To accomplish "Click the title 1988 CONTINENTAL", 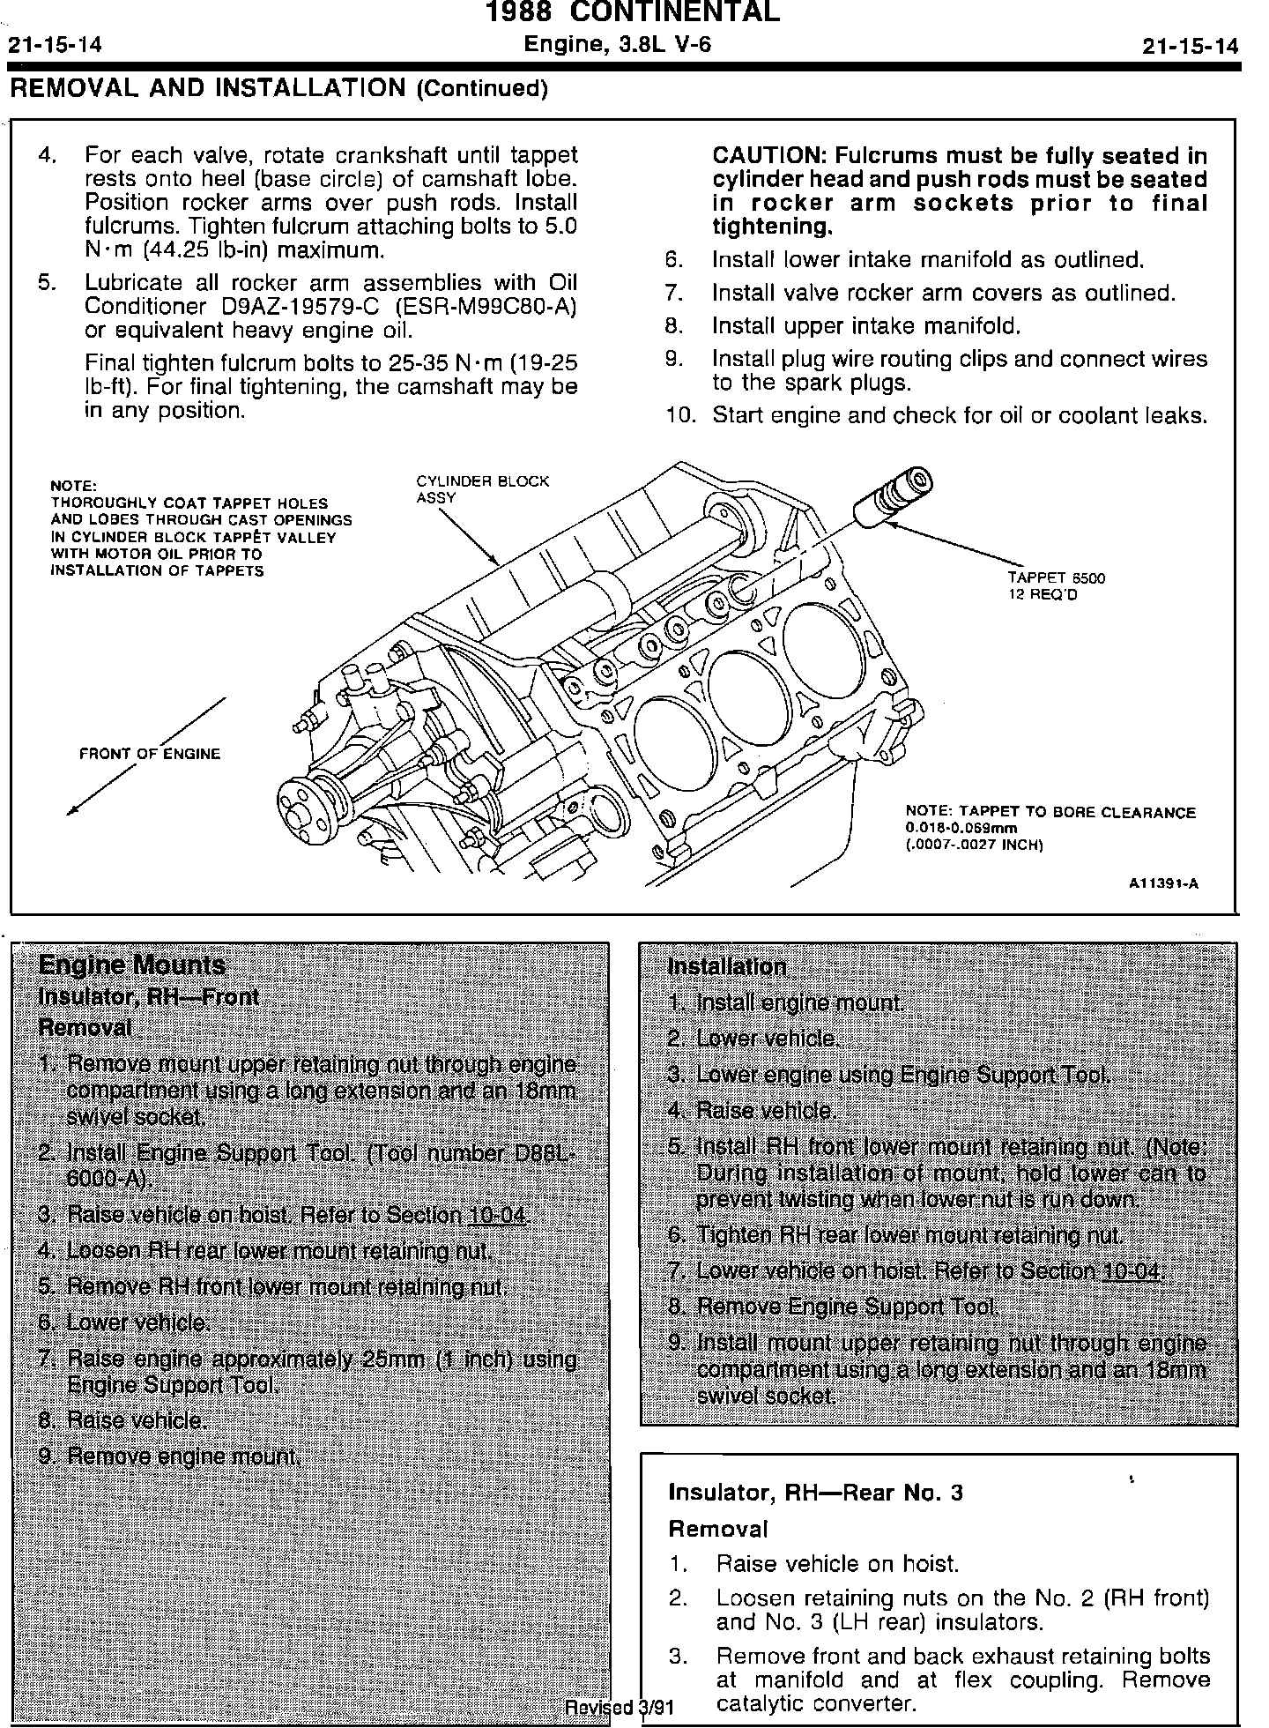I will click(x=634, y=12).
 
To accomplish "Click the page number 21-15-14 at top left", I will click(x=55, y=46).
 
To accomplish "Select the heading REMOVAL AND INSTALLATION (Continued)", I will click(x=278, y=88).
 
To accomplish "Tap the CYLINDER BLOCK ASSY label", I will click(x=481, y=489).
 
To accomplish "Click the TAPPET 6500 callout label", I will click(x=1056, y=586).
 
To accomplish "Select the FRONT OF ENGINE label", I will click(x=150, y=754).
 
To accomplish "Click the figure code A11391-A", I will click(x=1163, y=883).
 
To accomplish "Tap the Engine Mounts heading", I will click(x=132, y=965).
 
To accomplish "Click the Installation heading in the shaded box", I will click(x=727, y=966).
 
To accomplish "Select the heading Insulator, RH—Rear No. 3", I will click(x=815, y=1492).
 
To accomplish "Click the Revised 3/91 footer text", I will click(x=620, y=1707).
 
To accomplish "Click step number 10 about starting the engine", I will click(x=680, y=415).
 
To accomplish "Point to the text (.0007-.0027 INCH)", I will click(x=974, y=845).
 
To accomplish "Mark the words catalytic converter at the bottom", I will click(x=816, y=1703).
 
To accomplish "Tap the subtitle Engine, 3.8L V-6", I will click(x=617, y=44).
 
